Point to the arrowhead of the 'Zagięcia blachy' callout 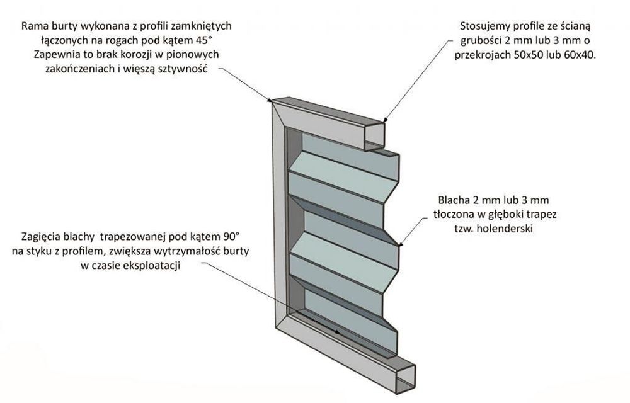click(339, 329)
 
